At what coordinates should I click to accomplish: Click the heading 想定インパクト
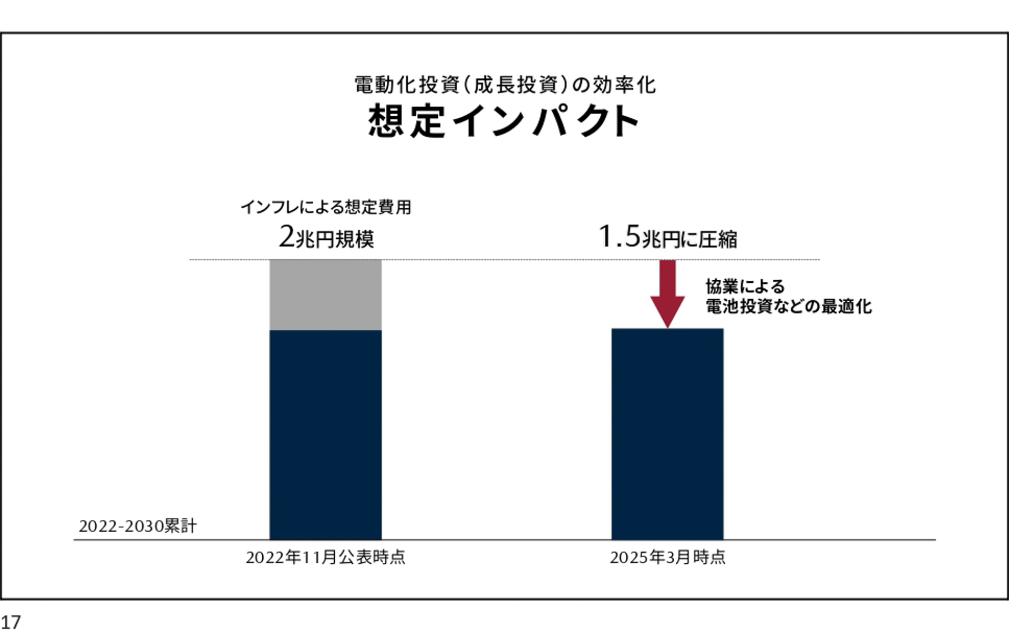point(503,121)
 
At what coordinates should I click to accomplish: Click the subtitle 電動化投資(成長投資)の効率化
point(504,85)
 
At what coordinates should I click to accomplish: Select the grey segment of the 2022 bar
point(325,294)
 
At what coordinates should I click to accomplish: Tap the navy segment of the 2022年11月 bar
point(325,434)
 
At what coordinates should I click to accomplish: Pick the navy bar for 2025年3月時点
point(667,434)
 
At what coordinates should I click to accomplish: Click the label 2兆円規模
point(326,238)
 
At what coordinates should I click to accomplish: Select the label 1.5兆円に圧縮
point(667,238)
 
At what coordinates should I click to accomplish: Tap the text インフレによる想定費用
point(326,207)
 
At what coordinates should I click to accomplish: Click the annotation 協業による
point(745,287)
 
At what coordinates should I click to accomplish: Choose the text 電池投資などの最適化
point(788,306)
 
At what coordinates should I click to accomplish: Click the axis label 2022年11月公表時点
point(325,557)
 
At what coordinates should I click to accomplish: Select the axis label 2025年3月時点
point(667,557)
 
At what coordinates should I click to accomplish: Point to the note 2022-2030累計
point(138,526)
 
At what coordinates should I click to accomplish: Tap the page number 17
point(11,622)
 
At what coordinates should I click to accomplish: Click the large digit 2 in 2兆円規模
point(287,237)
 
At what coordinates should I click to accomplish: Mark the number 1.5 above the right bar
point(619,236)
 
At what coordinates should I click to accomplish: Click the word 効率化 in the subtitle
point(624,85)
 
